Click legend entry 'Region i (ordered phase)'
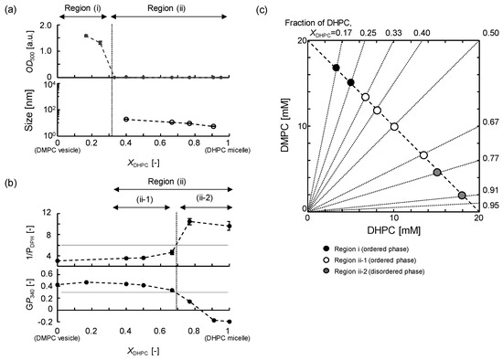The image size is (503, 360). pos(380,249)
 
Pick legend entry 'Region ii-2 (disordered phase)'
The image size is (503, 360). pos(391,273)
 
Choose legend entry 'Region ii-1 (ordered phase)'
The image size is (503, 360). pos(383,261)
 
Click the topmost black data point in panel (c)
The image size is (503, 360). pos(336,68)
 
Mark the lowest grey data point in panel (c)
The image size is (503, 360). pos(462,195)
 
